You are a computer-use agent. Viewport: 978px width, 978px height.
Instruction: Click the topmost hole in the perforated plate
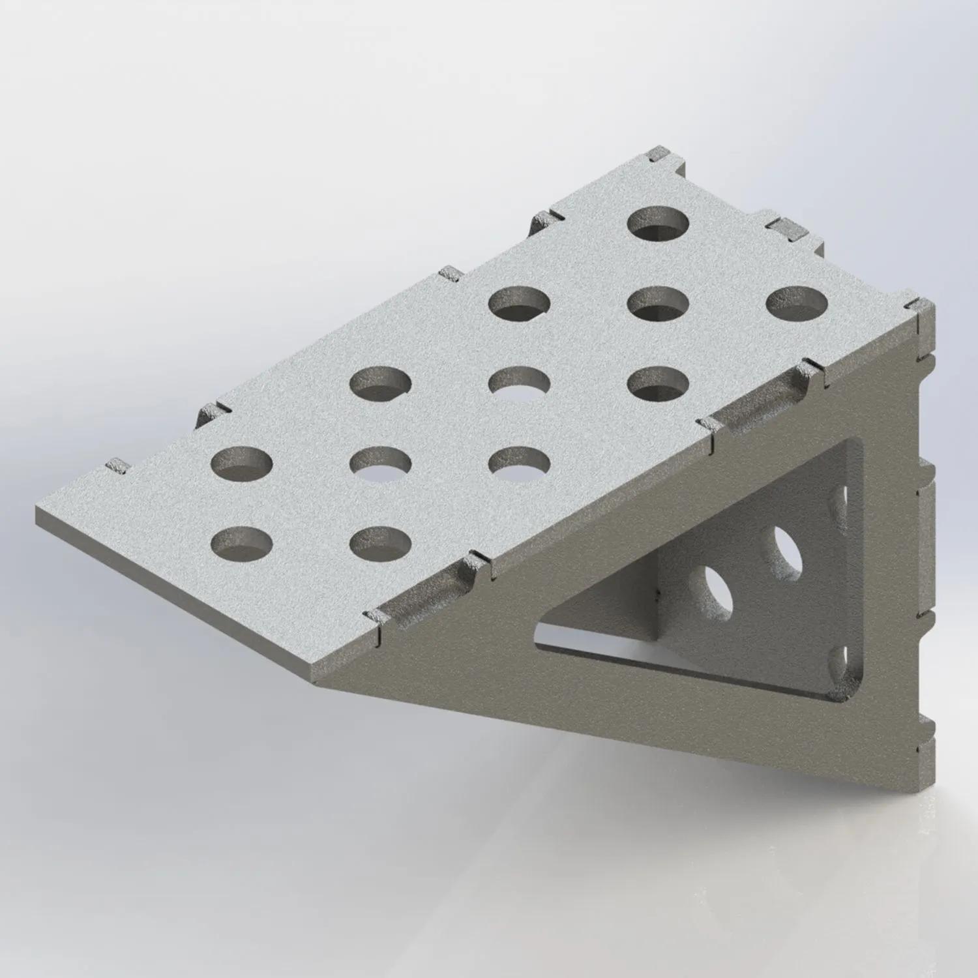659,224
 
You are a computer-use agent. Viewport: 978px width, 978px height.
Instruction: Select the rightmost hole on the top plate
797,303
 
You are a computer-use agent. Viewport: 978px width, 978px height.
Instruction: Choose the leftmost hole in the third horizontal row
381,383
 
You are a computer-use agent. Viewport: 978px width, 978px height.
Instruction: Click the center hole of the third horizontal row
520,383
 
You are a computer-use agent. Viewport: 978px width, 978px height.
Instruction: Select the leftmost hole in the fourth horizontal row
242,463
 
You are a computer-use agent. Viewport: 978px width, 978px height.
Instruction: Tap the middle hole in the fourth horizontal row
381,463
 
